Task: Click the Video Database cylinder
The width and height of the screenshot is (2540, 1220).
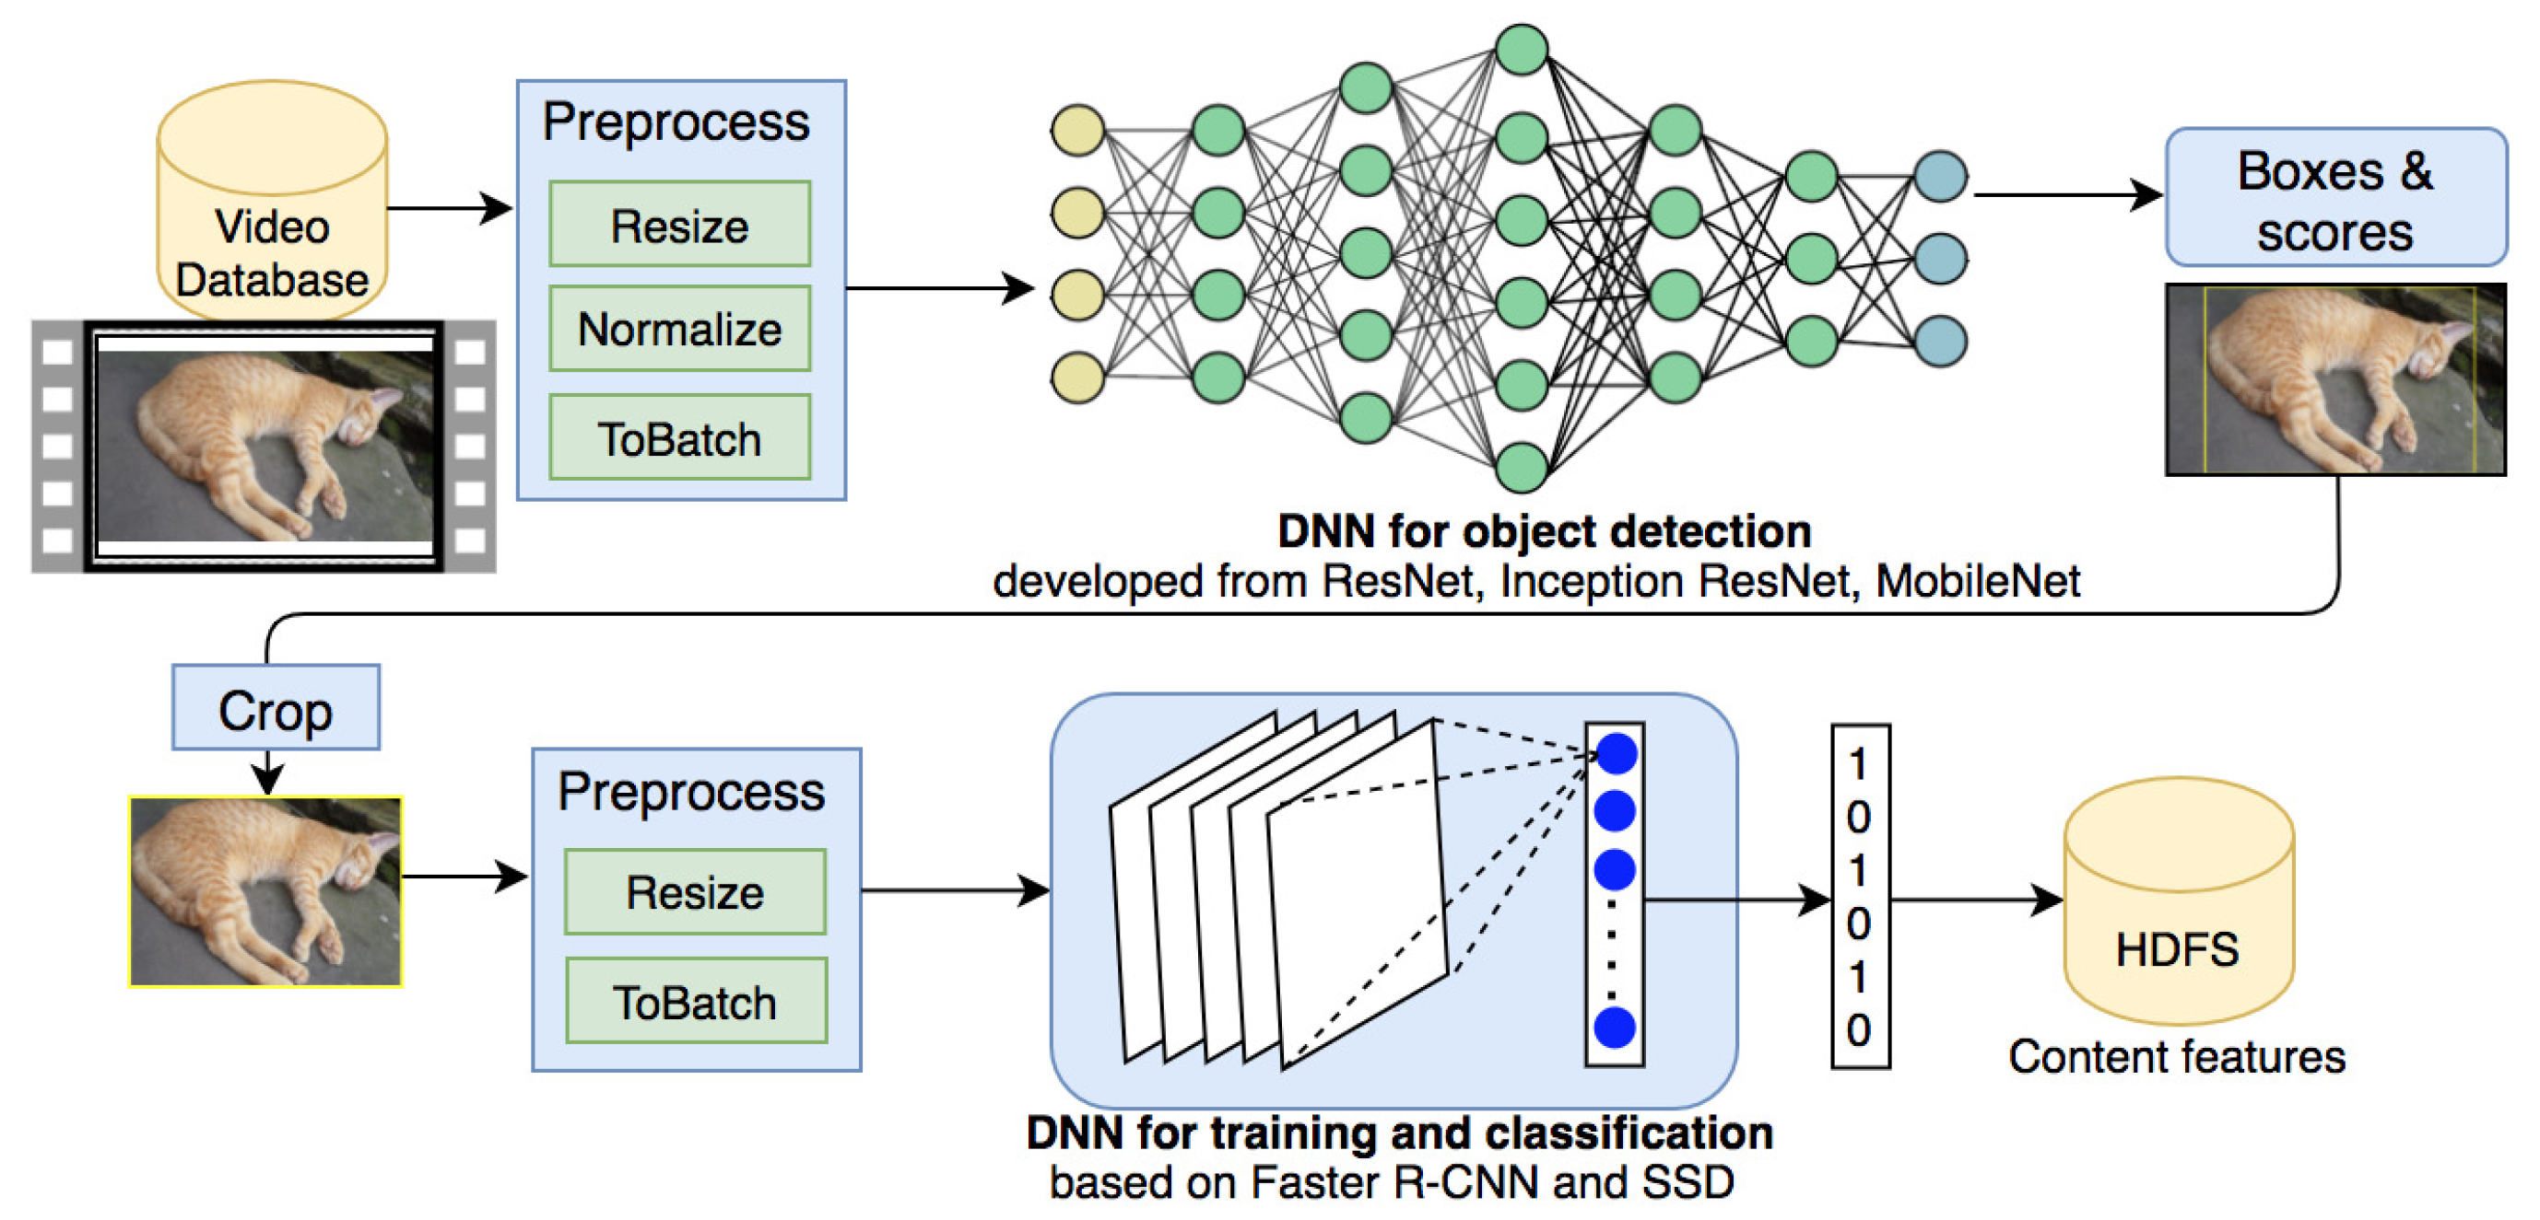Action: pyautogui.click(x=272, y=202)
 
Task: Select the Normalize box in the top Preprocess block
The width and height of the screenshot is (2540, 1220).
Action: pyautogui.click(x=679, y=329)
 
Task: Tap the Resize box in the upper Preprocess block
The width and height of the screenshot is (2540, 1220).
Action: pyautogui.click(x=679, y=225)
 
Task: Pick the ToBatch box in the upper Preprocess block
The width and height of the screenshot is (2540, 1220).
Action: pyautogui.click(x=679, y=438)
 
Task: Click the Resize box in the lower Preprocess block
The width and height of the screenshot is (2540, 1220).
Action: pyautogui.click(x=695, y=893)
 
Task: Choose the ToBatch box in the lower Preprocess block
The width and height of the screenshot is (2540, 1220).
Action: pyautogui.click(x=695, y=1002)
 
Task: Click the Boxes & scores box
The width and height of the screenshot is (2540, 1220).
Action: pyautogui.click(x=2334, y=198)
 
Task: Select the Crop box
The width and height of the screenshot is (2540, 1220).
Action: pyautogui.click(x=275, y=709)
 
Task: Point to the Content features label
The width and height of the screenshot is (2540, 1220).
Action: pyautogui.click(x=2176, y=1057)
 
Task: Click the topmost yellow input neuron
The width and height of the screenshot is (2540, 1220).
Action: pyautogui.click(x=1076, y=130)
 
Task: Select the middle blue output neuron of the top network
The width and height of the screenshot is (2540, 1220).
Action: pyautogui.click(x=1939, y=259)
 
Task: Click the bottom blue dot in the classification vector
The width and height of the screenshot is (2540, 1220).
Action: pyautogui.click(x=1614, y=1028)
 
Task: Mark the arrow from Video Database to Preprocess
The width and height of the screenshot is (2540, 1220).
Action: pyautogui.click(x=450, y=208)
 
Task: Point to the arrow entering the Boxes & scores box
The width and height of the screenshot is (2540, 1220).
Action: pyautogui.click(x=2065, y=195)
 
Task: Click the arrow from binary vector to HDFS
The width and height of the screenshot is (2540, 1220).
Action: pyautogui.click(x=1976, y=900)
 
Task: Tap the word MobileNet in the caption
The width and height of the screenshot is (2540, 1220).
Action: pyautogui.click(x=1977, y=581)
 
